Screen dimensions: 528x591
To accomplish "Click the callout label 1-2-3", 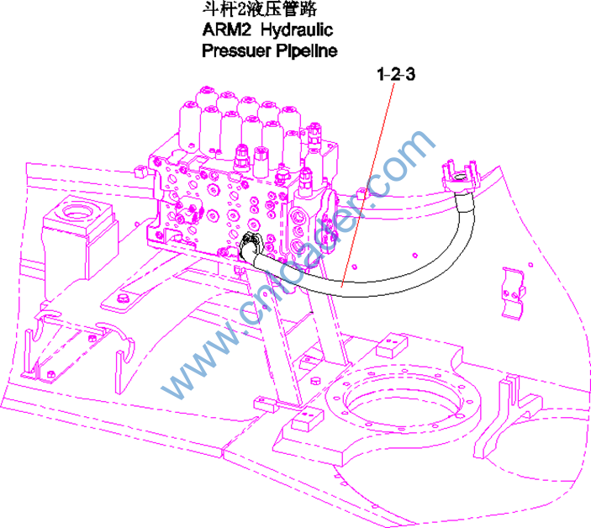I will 396,75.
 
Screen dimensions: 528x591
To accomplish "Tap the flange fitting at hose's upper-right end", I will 458,177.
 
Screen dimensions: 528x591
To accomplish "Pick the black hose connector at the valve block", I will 250,245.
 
